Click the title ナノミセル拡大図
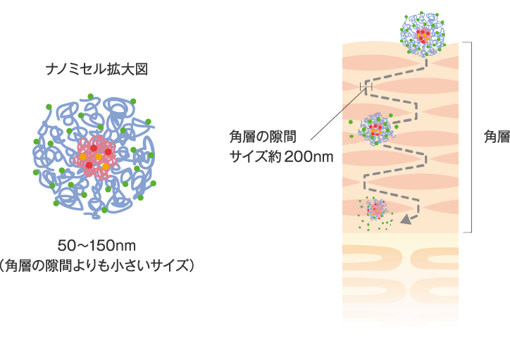(97, 70)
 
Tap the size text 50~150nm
(96, 246)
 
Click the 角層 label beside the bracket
(496, 137)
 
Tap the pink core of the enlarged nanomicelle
(96, 155)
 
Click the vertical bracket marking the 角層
(470, 137)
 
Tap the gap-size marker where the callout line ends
(364, 87)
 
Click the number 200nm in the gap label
(309, 156)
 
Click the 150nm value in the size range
(111, 246)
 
